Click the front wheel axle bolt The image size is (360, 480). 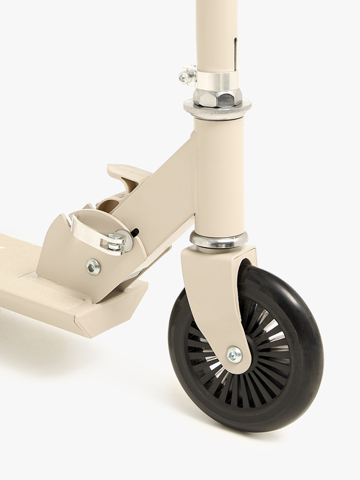tap(234, 354)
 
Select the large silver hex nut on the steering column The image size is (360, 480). tap(218, 97)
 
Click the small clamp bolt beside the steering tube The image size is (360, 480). tap(187, 75)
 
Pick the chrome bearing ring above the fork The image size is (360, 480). tap(218, 240)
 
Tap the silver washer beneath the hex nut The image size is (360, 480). tap(218, 110)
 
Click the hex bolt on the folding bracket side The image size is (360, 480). tap(93, 267)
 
